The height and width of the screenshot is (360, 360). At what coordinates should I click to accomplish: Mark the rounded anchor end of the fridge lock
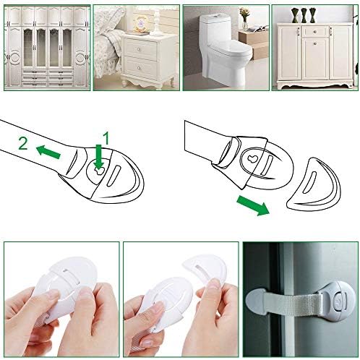262,296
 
